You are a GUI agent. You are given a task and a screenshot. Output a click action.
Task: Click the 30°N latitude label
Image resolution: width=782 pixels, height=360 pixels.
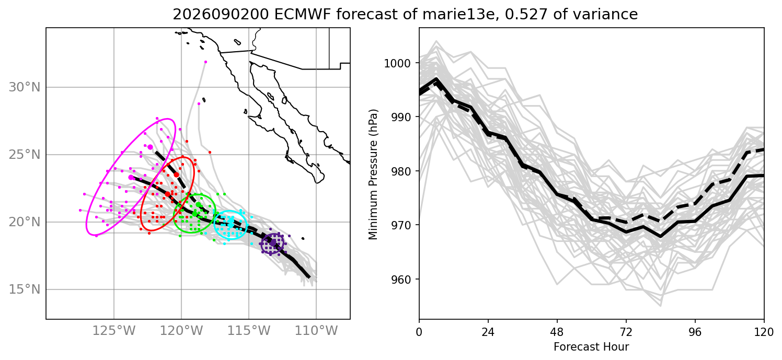pyautogui.click(x=25, y=87)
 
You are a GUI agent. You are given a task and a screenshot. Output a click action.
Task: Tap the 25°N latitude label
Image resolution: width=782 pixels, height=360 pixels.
pyautogui.click(x=25, y=155)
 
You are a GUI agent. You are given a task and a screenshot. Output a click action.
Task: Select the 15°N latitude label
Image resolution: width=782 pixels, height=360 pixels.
pyautogui.click(x=25, y=289)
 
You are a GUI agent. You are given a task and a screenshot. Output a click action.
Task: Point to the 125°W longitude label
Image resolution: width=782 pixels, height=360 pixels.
pyautogui.click(x=114, y=331)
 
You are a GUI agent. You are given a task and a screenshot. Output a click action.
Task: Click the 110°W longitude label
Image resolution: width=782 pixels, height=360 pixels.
pyautogui.click(x=316, y=331)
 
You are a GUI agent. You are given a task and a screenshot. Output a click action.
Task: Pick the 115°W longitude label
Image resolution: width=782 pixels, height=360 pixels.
pyautogui.click(x=249, y=331)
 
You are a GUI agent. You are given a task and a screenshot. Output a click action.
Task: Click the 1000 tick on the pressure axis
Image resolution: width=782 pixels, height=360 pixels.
pyautogui.click(x=397, y=63)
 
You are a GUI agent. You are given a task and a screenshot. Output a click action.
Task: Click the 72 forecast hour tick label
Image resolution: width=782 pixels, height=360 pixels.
pyautogui.click(x=626, y=332)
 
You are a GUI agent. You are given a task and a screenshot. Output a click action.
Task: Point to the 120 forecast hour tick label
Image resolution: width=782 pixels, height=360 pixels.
pyautogui.click(x=764, y=332)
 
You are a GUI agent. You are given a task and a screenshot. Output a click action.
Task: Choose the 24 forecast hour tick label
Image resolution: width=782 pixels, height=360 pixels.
pyautogui.click(x=488, y=332)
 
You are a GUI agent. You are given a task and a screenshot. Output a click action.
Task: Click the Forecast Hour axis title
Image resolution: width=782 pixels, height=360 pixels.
pyautogui.click(x=591, y=347)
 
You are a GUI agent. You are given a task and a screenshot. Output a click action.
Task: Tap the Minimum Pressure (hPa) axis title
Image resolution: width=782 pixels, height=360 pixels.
pyautogui.click(x=373, y=175)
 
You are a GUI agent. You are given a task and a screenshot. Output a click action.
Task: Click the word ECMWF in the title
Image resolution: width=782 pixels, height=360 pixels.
pyautogui.click(x=301, y=14)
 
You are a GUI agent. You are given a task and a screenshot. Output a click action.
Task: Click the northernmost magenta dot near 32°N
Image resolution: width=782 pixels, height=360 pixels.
pyautogui.click(x=205, y=62)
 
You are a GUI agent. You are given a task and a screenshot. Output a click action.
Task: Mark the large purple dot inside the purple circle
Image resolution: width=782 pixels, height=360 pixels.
pyautogui.click(x=273, y=242)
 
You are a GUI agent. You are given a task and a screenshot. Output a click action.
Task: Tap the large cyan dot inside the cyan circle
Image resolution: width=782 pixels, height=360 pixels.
pyautogui.click(x=231, y=224)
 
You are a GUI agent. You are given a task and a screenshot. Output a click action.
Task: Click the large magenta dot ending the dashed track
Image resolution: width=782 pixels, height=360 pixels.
pyautogui.click(x=150, y=147)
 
